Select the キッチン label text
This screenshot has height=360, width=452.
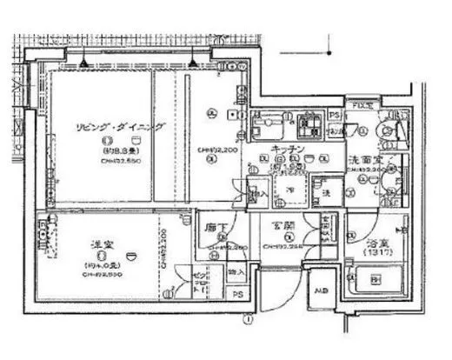(287, 149)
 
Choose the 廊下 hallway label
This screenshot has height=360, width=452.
(216, 228)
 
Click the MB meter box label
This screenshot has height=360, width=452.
(321, 290)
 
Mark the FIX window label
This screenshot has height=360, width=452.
(361, 105)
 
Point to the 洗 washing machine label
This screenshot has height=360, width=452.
(328, 190)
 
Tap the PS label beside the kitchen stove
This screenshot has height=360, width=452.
(333, 116)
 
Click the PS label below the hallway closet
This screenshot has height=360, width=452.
(237, 295)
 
